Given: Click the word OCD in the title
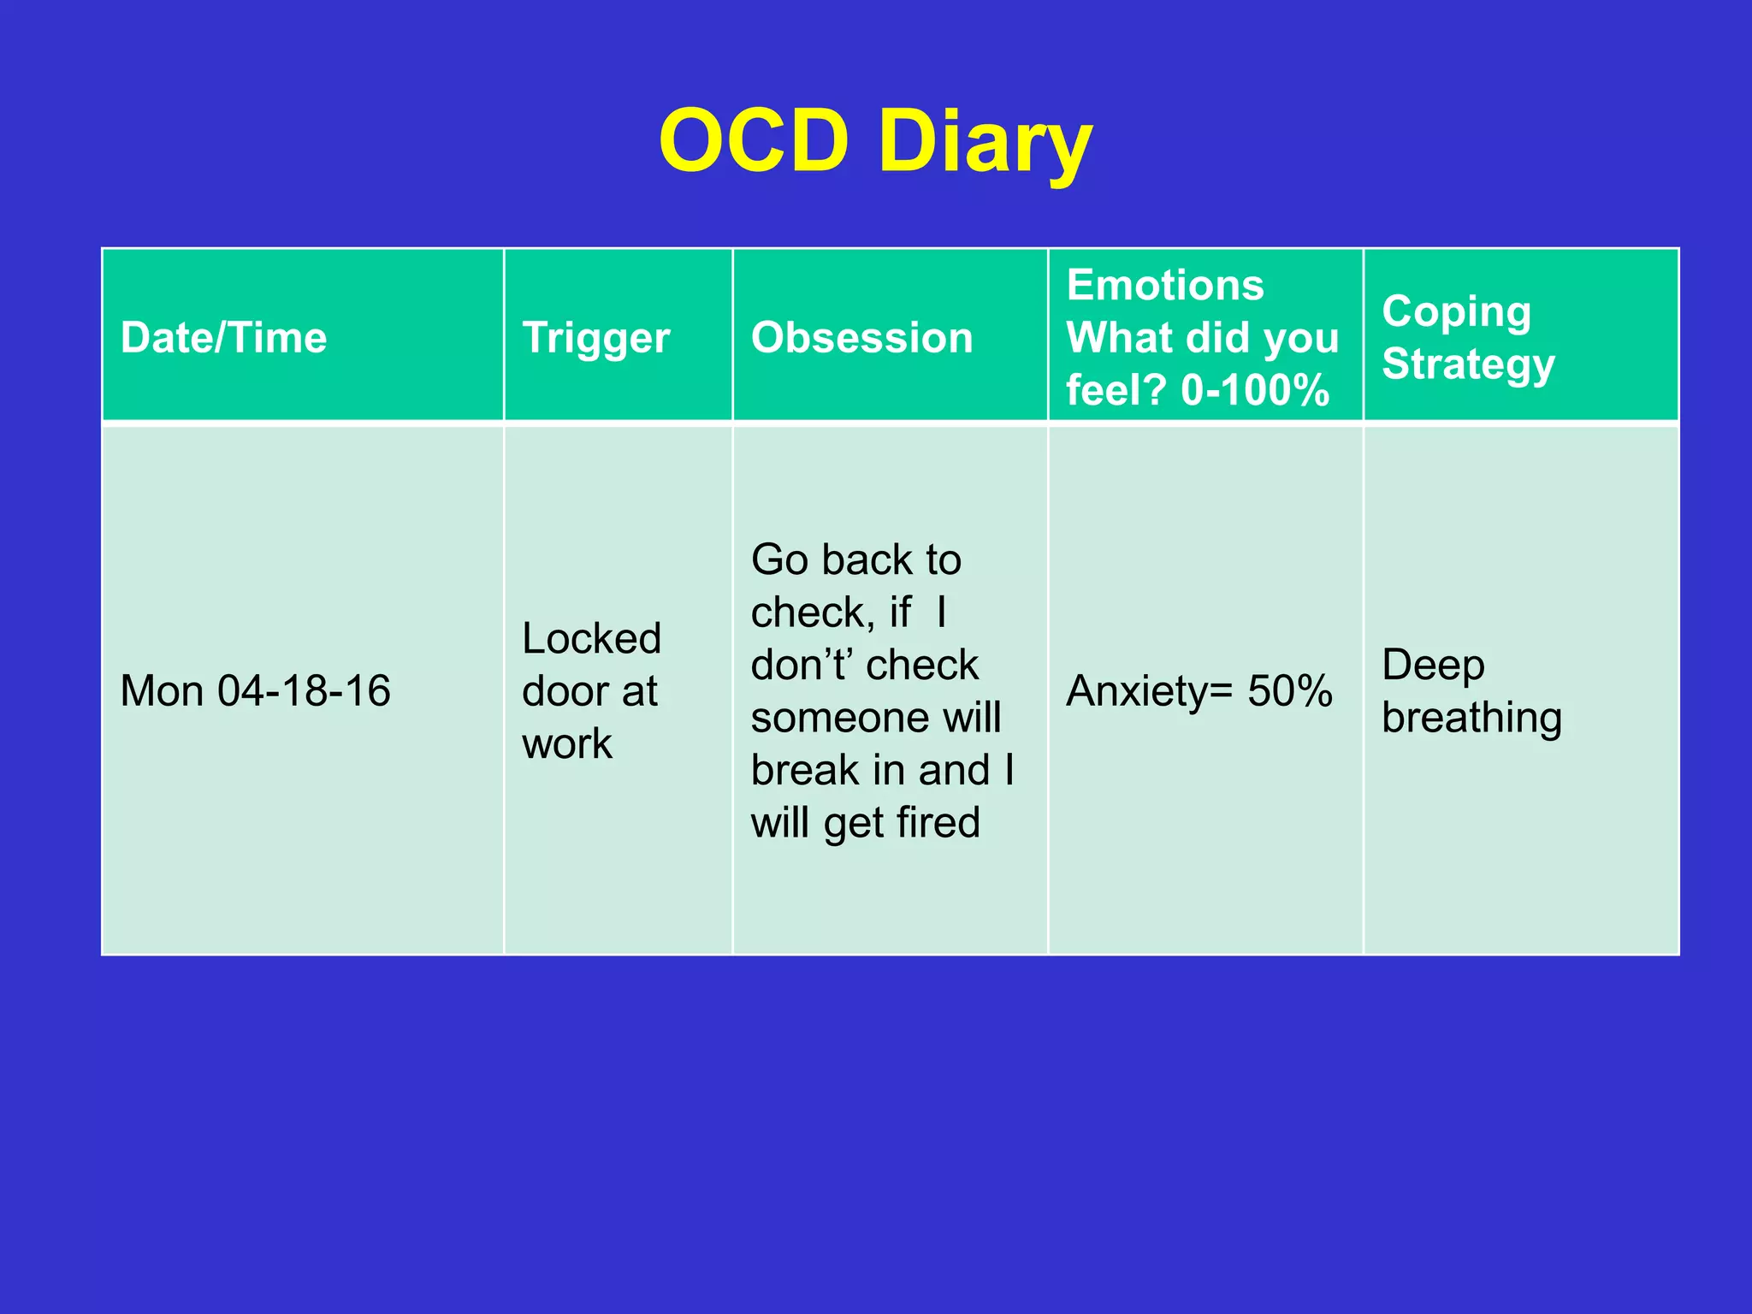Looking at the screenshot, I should coord(754,141).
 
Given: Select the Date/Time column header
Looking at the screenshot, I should coord(223,338).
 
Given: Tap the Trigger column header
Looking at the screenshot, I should coord(596,338).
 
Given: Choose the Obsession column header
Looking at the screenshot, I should coord(861,338).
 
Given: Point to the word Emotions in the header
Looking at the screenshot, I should coord(1164,285).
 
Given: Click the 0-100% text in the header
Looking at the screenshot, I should coord(1255,390).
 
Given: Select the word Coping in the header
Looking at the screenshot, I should coord(1456,312).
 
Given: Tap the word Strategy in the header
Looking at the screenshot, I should coord(1468,365).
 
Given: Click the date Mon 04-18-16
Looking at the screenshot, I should coord(255,691).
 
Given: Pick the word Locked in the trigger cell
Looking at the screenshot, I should coord(591,638).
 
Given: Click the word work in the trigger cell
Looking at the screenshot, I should coord(566,743).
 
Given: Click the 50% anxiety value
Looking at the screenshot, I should coord(1289,691).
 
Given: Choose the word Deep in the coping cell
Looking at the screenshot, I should coord(1433,665).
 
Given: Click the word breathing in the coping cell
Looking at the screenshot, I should coord(1471,718).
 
